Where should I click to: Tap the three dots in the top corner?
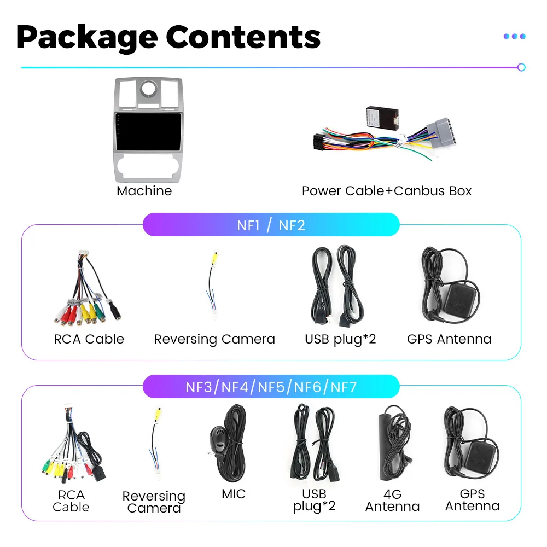point(514,36)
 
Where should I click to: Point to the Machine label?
point(144,191)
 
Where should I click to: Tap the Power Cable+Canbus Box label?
point(386,191)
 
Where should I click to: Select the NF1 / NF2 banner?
point(271,225)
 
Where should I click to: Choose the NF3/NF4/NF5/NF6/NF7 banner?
point(271,387)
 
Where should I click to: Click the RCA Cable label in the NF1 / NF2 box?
point(89,339)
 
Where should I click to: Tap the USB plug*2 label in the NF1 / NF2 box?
point(340,339)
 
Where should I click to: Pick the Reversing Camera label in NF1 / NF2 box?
point(214,339)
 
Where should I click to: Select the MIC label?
point(234,494)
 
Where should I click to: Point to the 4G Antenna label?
point(392,501)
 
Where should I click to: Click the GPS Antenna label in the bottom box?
point(472,501)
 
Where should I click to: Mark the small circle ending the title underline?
point(521,67)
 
